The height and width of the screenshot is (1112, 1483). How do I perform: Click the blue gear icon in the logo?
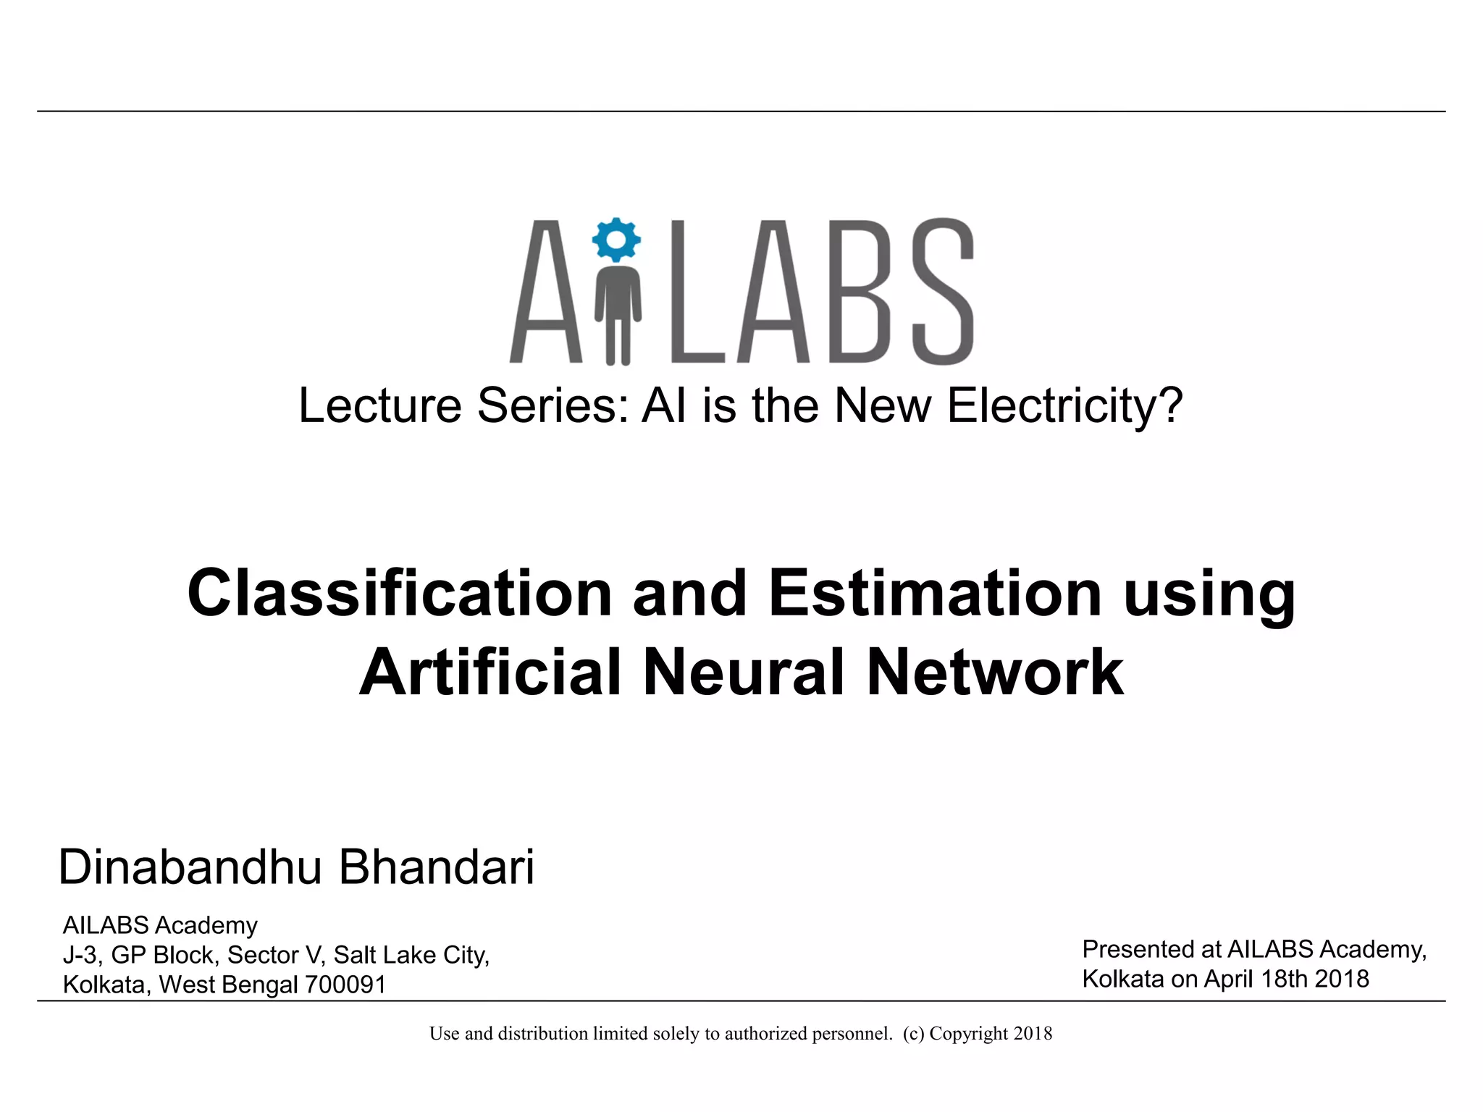click(x=616, y=240)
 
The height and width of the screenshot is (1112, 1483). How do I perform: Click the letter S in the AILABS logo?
click(x=942, y=291)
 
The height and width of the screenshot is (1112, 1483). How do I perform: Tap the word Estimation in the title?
click(x=935, y=593)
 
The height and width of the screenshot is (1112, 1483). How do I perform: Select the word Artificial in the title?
click(x=490, y=673)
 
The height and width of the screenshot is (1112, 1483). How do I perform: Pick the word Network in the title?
click(x=995, y=673)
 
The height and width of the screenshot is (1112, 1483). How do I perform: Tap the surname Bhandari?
click(x=437, y=867)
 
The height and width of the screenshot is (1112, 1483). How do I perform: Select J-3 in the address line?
click(x=80, y=955)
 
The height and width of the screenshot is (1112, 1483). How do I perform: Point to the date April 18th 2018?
click(x=1286, y=979)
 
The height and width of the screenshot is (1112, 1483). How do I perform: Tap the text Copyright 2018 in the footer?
click(x=991, y=1034)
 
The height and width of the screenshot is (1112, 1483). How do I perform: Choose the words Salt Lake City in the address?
click(x=411, y=955)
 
